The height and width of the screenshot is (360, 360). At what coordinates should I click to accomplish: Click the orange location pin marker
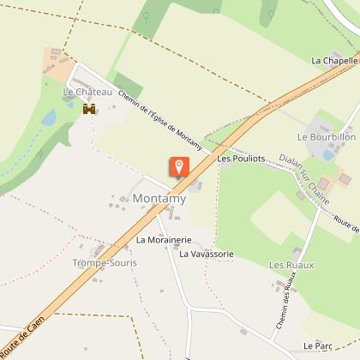[180, 165]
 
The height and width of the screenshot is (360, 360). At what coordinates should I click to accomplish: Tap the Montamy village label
[159, 199]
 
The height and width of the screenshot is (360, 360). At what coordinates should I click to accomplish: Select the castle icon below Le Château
[87, 110]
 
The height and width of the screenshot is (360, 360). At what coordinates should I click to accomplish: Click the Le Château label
[82, 91]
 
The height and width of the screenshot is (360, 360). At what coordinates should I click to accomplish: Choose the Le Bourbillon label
[326, 136]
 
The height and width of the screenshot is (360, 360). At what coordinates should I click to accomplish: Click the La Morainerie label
[163, 240]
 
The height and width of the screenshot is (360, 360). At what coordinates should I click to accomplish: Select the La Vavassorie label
[207, 254]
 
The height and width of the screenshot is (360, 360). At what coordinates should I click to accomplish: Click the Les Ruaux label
[291, 265]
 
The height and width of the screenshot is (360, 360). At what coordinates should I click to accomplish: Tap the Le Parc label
[317, 345]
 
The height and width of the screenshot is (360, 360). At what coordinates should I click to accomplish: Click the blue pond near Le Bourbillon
[328, 154]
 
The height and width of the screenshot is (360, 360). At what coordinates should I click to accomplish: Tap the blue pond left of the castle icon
[49, 117]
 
